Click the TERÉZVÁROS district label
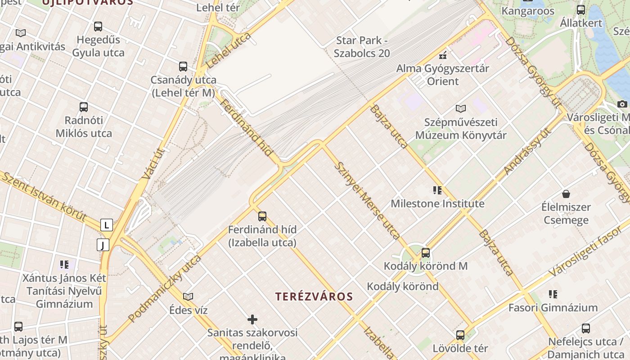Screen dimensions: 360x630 pyautogui.click(x=314, y=297)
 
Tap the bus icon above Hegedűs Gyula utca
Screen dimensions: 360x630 pyautogui.click(x=98, y=27)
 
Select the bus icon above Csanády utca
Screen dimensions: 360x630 pyautogui.click(x=183, y=67)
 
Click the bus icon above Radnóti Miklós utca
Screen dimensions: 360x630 pyautogui.click(x=84, y=107)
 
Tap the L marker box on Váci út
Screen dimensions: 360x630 pyautogui.click(x=107, y=225)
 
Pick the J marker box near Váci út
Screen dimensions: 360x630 pyautogui.click(x=103, y=245)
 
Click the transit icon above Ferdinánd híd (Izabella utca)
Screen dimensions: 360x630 pyautogui.click(x=262, y=216)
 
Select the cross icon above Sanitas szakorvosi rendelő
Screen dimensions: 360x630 pyautogui.click(x=252, y=319)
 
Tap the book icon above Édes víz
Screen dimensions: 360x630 pyautogui.click(x=188, y=297)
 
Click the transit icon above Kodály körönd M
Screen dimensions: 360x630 pyautogui.click(x=426, y=253)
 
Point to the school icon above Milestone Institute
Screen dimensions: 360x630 pyautogui.click(x=437, y=190)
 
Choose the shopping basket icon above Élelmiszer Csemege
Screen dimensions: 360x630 pyautogui.click(x=566, y=194)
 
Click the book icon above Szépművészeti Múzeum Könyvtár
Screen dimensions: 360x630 pyautogui.click(x=461, y=108)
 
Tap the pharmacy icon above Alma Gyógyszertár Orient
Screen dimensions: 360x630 pyautogui.click(x=443, y=55)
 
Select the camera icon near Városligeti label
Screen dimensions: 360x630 pyautogui.click(x=622, y=104)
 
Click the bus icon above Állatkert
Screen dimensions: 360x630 pyautogui.click(x=581, y=9)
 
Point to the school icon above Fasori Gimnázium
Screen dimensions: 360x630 pyautogui.click(x=553, y=294)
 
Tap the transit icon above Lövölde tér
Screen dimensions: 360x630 pyautogui.click(x=460, y=335)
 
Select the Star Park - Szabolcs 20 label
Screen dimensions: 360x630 pyautogui.click(x=362, y=47)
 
